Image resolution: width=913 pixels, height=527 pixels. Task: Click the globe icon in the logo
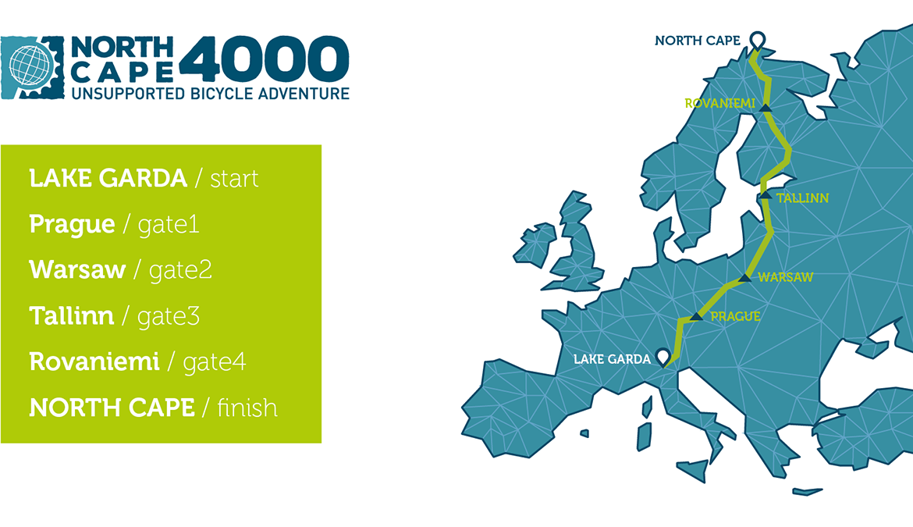31,66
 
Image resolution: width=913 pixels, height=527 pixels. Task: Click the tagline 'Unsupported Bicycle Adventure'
210,93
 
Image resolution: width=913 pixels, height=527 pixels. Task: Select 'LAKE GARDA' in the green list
108,178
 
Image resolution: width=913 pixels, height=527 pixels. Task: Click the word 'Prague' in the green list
72,225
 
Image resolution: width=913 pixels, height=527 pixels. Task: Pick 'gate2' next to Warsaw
180,269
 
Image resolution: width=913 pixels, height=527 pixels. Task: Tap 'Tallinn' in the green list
72,315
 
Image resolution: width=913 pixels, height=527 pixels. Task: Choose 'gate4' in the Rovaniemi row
215,362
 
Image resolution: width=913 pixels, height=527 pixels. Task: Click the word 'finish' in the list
247,408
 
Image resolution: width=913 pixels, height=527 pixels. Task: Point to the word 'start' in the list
234,179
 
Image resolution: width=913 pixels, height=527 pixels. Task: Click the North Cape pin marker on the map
757,41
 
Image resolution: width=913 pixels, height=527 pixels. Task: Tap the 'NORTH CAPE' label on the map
698,41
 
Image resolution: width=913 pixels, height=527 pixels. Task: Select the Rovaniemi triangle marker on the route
766,108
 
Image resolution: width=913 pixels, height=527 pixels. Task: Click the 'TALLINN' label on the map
802,198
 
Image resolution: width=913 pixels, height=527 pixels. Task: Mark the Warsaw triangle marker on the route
744,278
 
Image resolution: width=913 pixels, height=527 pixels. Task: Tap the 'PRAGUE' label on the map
735,317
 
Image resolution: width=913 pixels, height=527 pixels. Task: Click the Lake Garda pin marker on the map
663,357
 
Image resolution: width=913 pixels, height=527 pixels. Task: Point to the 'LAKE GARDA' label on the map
612,359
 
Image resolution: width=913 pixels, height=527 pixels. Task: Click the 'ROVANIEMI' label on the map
719,104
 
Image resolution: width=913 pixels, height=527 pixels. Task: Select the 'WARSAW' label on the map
786,277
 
